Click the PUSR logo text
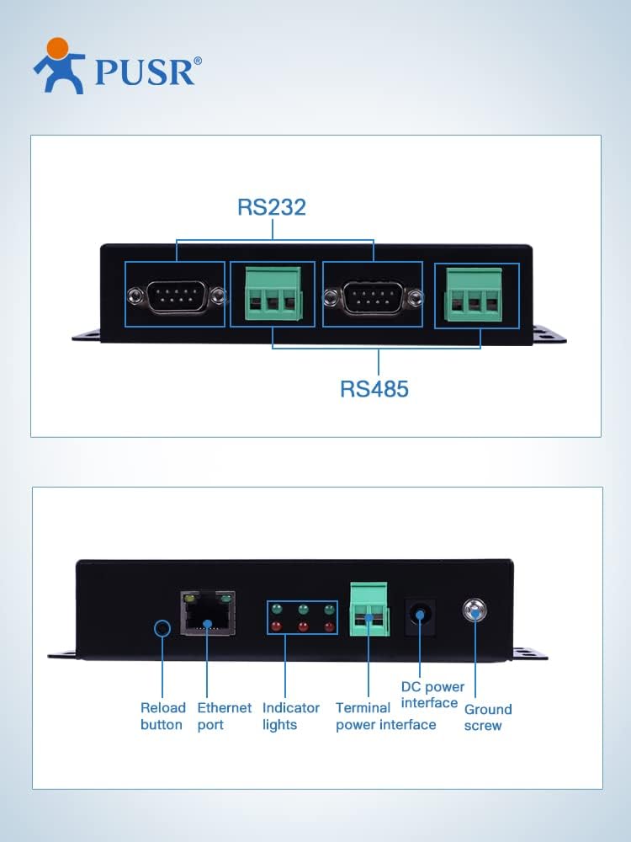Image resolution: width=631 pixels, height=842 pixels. click(x=145, y=72)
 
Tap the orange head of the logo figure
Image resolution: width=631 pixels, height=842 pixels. click(x=58, y=48)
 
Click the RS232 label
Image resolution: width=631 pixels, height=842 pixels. click(x=272, y=207)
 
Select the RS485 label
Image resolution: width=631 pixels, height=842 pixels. click(x=374, y=389)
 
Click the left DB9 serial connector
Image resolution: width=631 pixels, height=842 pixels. click(x=175, y=296)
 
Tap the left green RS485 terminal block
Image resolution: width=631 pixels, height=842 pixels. click(x=273, y=294)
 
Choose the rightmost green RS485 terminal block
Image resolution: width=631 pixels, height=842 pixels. click(x=475, y=294)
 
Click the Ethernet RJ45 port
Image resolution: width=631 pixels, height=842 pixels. click(x=208, y=613)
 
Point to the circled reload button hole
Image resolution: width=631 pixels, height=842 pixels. click(x=162, y=628)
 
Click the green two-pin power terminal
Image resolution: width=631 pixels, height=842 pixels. click(x=369, y=610)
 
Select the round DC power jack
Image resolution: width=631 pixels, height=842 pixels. click(x=420, y=615)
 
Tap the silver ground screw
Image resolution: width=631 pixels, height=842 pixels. click(x=475, y=610)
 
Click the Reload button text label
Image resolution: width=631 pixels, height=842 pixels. click(x=163, y=717)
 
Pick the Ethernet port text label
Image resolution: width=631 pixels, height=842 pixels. click(x=225, y=717)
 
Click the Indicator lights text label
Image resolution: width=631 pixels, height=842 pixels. click(x=291, y=717)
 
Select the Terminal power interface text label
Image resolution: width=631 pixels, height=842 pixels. click(x=386, y=717)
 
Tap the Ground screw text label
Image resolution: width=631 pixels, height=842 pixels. click(x=488, y=717)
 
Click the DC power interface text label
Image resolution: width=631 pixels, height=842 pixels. click(x=432, y=695)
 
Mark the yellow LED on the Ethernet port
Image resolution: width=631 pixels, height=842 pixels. click(x=189, y=598)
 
